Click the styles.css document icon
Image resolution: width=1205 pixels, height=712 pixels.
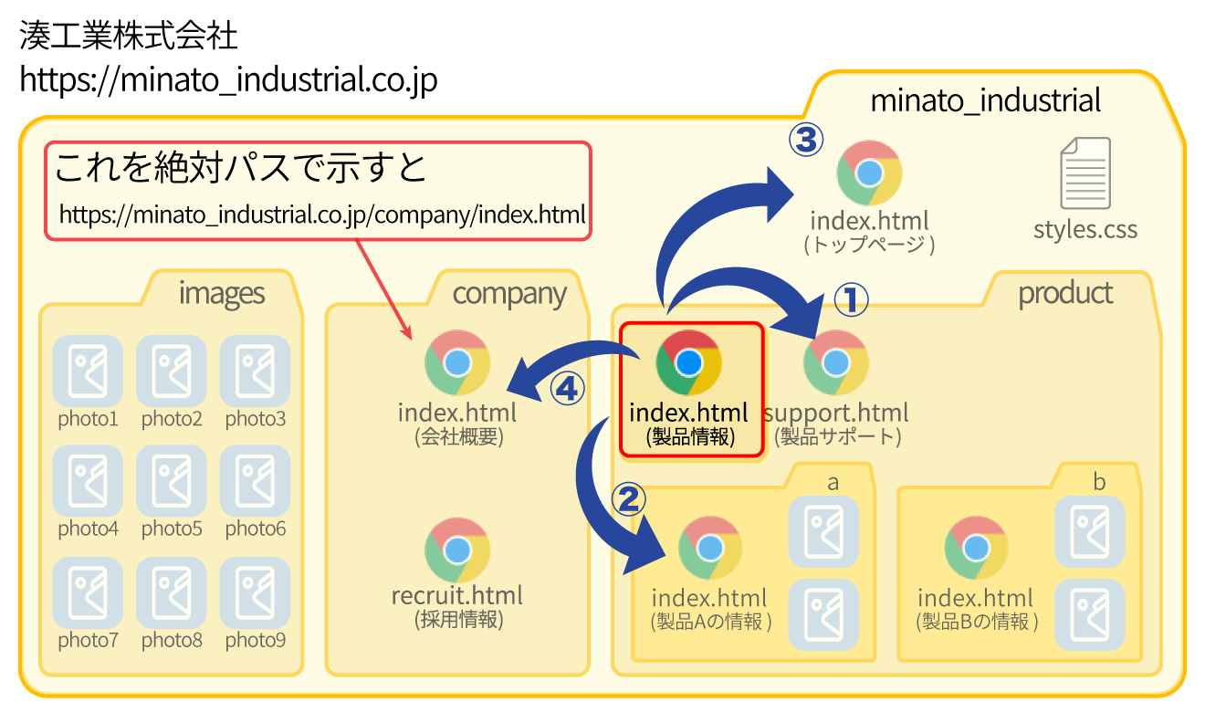(1085, 173)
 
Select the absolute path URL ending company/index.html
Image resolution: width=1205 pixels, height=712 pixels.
(321, 215)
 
